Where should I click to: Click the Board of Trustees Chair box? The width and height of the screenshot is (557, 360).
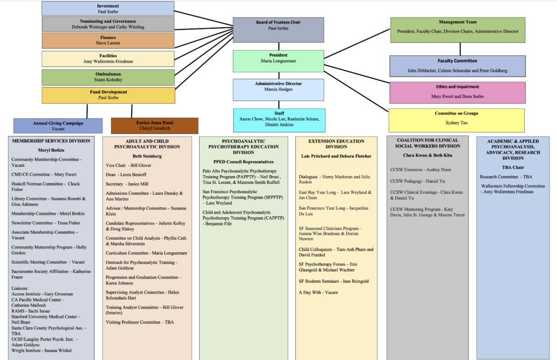pyautogui.click(x=278, y=30)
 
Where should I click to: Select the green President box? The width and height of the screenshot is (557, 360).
pyautogui.click(x=278, y=61)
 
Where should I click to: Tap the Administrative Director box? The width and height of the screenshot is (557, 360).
pyautogui.click(x=278, y=90)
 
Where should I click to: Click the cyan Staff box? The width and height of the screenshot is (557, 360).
pyautogui.click(x=279, y=120)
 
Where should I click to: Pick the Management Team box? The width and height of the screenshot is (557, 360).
pyautogui.click(x=457, y=30)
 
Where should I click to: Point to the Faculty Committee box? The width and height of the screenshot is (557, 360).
pyautogui.click(x=457, y=66)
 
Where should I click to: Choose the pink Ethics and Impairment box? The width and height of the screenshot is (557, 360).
pyautogui.click(x=457, y=92)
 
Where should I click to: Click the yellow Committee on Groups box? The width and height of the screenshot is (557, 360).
pyautogui.click(x=456, y=120)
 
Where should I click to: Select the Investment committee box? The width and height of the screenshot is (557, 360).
pyautogui.click(x=108, y=9)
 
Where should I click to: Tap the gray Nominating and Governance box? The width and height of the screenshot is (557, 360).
pyautogui.click(x=108, y=24)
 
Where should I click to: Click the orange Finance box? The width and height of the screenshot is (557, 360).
pyautogui.click(x=108, y=40)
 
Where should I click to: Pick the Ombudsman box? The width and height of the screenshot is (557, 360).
pyautogui.click(x=108, y=77)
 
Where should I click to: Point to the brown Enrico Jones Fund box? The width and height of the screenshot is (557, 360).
pyautogui.click(x=154, y=126)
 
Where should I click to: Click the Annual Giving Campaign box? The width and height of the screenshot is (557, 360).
pyautogui.click(x=58, y=126)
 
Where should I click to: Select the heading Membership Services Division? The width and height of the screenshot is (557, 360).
pyautogui.click(x=51, y=141)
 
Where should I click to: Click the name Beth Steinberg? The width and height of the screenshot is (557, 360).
pyautogui.click(x=147, y=156)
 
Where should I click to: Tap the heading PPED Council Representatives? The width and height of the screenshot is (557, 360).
pyautogui.click(x=244, y=162)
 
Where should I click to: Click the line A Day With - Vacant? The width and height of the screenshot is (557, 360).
pyautogui.click(x=318, y=293)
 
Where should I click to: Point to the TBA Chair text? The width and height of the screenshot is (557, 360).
pyautogui.click(x=513, y=167)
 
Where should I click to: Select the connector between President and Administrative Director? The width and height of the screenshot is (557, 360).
pyautogui.click(x=279, y=76)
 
